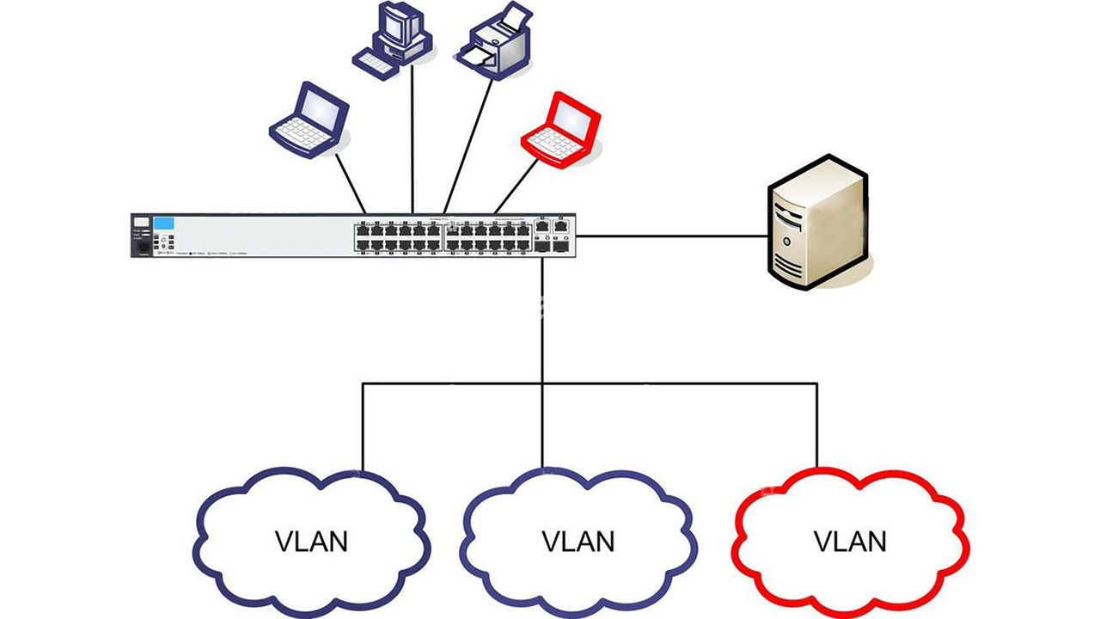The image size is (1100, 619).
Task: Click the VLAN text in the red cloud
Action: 849,542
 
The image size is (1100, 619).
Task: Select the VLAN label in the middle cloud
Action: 577,542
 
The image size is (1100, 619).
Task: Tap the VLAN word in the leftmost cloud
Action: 311,542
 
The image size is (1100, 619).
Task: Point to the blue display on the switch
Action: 164,224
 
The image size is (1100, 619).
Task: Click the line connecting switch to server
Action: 670,236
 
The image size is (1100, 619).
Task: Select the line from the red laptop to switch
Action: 516,187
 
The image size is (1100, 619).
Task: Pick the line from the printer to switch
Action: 468,146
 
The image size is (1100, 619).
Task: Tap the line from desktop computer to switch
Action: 412,138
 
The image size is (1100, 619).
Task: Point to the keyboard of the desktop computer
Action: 376,63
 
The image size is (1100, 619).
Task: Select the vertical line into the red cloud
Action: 816,426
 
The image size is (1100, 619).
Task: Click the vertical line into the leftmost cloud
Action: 363,426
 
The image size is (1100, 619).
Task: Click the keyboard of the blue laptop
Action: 302,133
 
